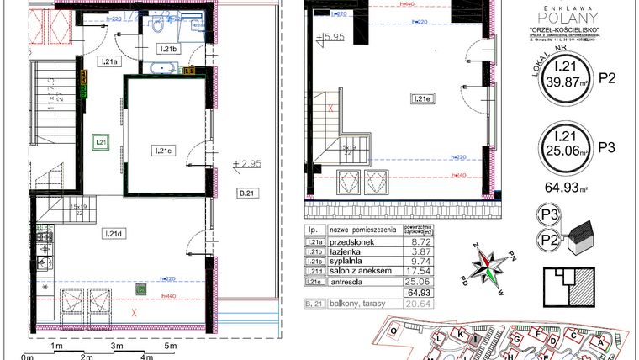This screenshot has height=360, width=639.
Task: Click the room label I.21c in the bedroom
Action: [162, 151]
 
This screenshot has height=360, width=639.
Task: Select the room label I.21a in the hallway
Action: [110, 61]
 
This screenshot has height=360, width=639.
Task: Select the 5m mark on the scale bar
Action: [170, 346]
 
